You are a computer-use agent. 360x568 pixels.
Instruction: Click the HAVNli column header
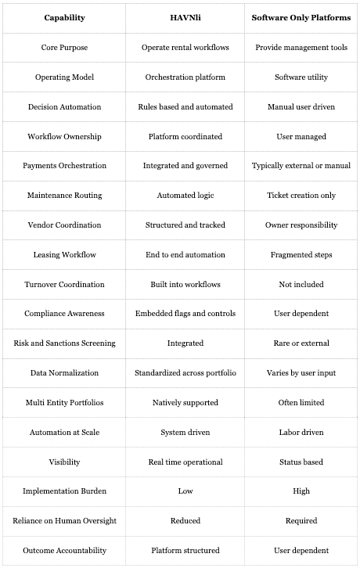[x=185, y=17]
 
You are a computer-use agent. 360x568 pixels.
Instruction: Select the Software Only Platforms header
[x=301, y=17]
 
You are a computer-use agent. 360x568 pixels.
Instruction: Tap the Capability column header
[x=64, y=17]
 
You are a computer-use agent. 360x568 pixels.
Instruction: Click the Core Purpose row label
[x=64, y=47]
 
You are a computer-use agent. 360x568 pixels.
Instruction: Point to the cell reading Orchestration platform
[x=185, y=77]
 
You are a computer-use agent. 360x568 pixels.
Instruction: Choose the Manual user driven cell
[x=301, y=106]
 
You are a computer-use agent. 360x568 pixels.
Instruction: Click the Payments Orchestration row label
[x=64, y=166]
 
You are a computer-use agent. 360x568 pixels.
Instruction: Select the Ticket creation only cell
[x=301, y=195]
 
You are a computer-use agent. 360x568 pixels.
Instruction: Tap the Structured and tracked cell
[x=185, y=225]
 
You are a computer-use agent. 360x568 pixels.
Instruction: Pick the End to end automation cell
[x=185, y=254]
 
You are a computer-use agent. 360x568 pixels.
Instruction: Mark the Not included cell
[x=301, y=284]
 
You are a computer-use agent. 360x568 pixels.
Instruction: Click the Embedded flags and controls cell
[x=185, y=313]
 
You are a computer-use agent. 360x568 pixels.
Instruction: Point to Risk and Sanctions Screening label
[x=64, y=343]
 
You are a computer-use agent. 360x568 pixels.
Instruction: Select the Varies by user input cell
[x=301, y=372]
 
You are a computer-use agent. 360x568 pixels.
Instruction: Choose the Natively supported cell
[x=185, y=402]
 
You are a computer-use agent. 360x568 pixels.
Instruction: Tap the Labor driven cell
[x=301, y=432]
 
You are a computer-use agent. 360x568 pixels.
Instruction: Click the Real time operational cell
[x=185, y=462]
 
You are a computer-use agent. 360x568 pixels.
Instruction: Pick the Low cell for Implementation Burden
[x=185, y=491]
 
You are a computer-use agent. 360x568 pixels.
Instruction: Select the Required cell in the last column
[x=301, y=520]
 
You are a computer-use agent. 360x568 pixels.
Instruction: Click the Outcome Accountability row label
[x=64, y=550]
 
